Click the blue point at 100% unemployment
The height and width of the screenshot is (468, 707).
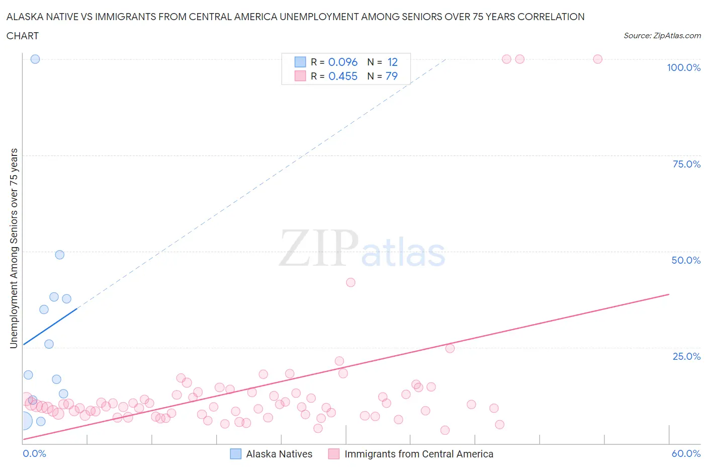35,59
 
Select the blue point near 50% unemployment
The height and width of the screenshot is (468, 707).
60,255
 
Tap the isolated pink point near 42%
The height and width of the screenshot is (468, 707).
351,282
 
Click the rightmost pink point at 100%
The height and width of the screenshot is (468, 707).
598,59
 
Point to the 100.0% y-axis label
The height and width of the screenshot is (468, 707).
683,67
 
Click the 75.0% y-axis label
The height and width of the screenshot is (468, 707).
686,164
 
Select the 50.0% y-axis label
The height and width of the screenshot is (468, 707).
686,260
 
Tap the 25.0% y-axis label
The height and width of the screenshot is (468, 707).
686,356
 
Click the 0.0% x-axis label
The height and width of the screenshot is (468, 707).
34,453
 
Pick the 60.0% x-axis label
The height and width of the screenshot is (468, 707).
686,453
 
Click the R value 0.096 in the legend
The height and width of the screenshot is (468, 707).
343,62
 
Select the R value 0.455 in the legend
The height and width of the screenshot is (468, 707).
343,76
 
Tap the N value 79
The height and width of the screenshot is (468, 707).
392,76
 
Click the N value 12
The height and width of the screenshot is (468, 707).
393,62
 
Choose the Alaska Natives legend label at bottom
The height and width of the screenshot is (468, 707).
279,454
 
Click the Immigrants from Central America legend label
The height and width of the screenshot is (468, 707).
419,454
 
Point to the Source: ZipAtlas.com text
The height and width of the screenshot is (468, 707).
662,36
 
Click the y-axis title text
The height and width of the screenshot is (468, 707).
14,248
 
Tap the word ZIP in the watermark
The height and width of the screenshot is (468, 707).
319,248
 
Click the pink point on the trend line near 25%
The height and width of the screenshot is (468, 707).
450,348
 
